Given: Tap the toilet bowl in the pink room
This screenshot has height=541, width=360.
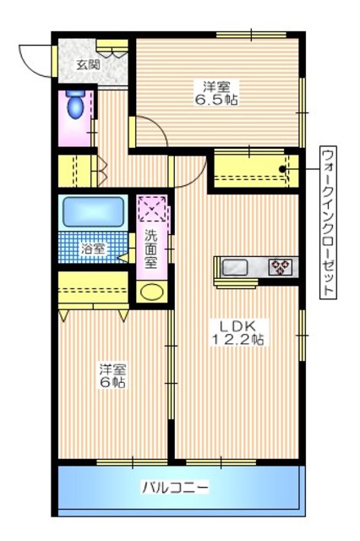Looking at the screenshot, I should pyautogui.click(x=74, y=106).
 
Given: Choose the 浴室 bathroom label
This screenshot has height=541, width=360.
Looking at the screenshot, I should pyautogui.click(x=93, y=249).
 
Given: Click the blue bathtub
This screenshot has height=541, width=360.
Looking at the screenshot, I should pyautogui.click(x=93, y=210).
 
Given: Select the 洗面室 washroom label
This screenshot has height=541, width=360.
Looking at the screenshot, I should pyautogui.click(x=150, y=249).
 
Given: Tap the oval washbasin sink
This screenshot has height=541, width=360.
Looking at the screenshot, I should pyautogui.click(x=151, y=292).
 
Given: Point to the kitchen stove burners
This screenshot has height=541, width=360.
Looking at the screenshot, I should pyautogui.click(x=280, y=268).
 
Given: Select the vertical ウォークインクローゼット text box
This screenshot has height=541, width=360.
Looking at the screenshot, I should pyautogui.click(x=328, y=221).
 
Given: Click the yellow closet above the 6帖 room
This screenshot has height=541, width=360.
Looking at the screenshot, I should pyautogui.click(x=93, y=288).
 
